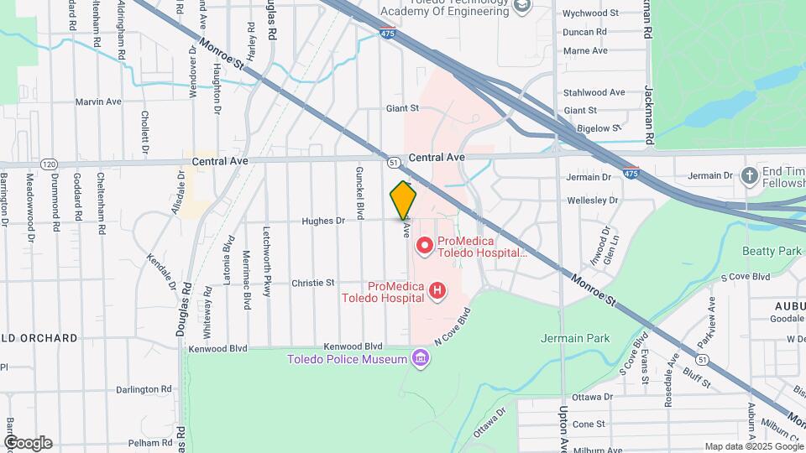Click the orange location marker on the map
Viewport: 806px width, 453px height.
[x=404, y=200]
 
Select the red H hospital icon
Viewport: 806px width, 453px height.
[x=437, y=290]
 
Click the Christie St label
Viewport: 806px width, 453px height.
[x=312, y=284]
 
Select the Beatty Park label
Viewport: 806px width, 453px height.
[x=772, y=251]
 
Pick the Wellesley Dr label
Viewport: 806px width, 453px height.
[x=592, y=200]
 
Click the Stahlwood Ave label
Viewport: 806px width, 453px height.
[x=594, y=92]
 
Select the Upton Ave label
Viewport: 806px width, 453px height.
[x=563, y=426]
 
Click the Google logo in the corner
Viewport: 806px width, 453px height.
[x=27, y=443]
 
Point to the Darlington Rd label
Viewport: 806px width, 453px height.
[x=144, y=389]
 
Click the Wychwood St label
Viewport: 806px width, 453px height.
[x=590, y=13]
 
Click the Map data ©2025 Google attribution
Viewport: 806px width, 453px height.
[x=752, y=446]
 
